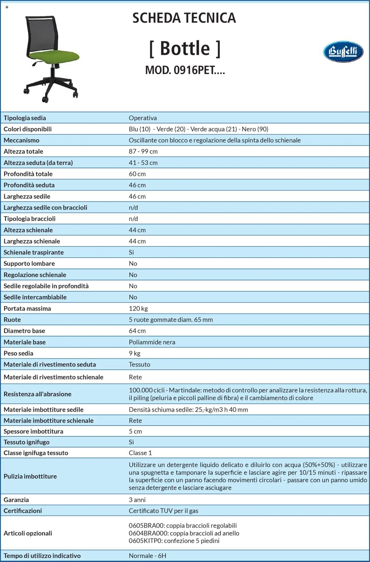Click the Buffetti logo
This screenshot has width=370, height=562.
point(343,52)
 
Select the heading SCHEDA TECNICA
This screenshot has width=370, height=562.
point(184,18)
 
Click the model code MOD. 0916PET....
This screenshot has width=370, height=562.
point(185,70)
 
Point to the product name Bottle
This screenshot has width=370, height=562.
point(185,48)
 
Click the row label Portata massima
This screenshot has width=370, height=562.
point(27,308)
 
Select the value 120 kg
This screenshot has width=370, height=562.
point(138,308)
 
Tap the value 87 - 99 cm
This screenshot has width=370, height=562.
point(143,151)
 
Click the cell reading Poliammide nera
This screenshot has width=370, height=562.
point(152,342)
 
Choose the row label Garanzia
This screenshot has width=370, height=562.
point(16,500)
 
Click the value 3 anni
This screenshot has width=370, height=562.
point(137,500)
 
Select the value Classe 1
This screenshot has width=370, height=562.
point(140,453)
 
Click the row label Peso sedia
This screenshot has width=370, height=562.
point(18,353)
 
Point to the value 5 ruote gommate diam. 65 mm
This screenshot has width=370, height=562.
point(171,320)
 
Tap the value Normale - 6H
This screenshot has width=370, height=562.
point(147,556)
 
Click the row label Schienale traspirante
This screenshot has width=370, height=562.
point(34,252)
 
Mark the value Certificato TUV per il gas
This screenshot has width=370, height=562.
point(163,511)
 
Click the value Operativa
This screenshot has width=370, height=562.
point(143,118)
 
